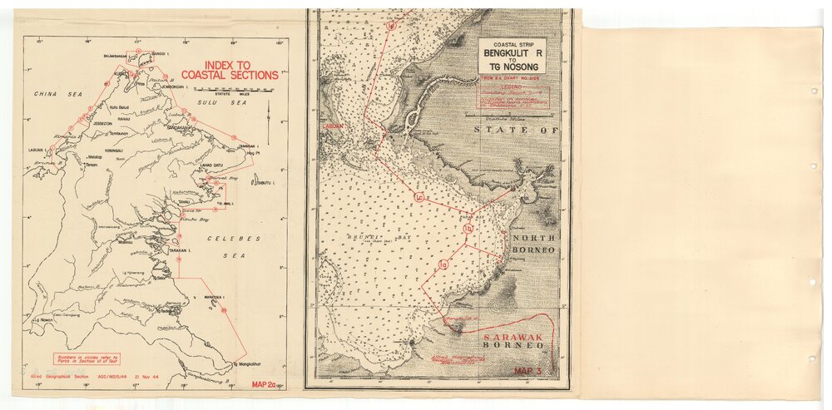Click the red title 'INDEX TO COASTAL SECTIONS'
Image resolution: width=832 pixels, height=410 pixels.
click(229, 69)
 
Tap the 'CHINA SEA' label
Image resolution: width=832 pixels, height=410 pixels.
click(50, 95)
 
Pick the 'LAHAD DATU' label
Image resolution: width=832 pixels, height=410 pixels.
click(194, 165)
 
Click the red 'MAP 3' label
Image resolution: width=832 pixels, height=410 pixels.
click(528, 372)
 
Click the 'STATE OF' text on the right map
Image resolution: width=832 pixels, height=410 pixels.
click(513, 131)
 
